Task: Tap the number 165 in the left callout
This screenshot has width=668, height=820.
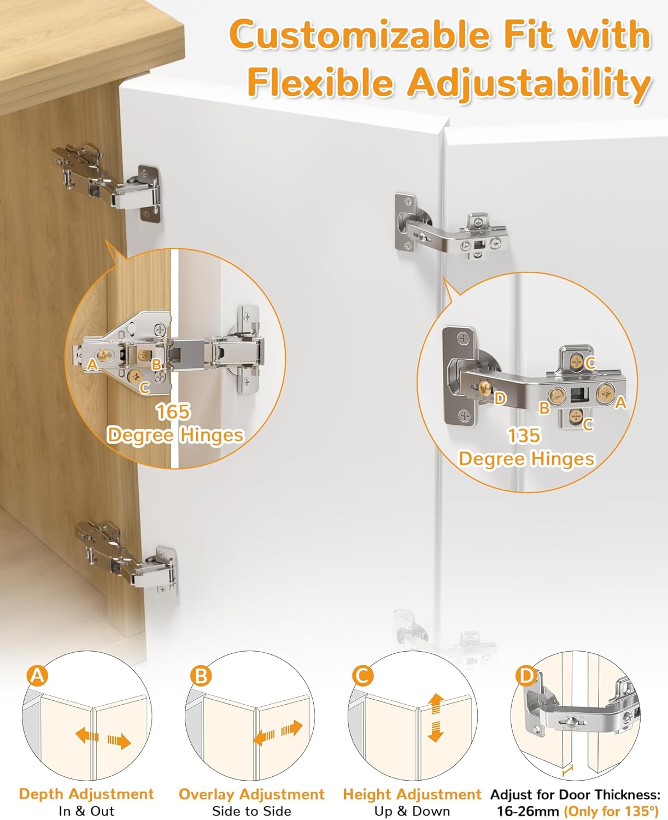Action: pyautogui.click(x=173, y=412)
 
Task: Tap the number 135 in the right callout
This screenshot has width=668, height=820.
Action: pyautogui.click(x=524, y=436)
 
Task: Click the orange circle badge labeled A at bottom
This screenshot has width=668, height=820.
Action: pyautogui.click(x=37, y=676)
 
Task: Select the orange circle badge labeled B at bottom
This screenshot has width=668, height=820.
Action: pyautogui.click(x=201, y=676)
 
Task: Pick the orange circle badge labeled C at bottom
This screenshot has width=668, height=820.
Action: pyautogui.click(x=362, y=676)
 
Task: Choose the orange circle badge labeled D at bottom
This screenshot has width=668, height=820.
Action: pyautogui.click(x=526, y=676)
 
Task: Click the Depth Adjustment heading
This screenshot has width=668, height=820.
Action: pyautogui.click(x=86, y=794)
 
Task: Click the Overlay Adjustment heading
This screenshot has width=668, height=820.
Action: pyautogui.click(x=251, y=794)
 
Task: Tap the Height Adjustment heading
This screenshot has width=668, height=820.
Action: pyautogui.click(x=412, y=794)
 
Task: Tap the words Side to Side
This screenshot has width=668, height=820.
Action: pyautogui.click(x=251, y=811)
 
